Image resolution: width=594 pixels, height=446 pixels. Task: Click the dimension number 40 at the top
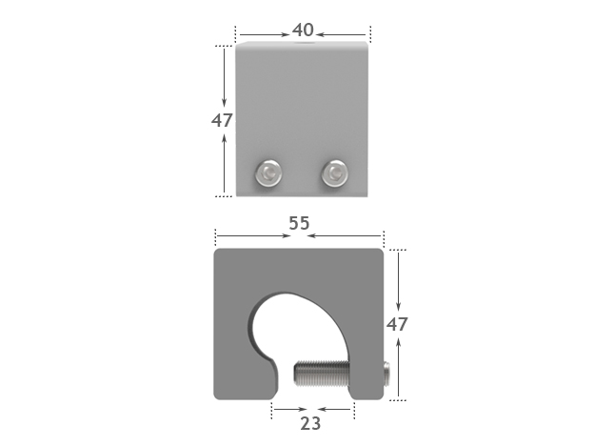tap(303, 30)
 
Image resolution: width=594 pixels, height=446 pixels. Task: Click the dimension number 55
tap(299, 223)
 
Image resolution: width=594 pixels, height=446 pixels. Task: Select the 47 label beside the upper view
tap(222, 120)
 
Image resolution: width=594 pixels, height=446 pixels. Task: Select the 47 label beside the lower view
tap(397, 324)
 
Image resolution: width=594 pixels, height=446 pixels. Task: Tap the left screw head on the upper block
tap(269, 173)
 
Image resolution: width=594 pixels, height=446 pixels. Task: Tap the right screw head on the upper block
tap(334, 173)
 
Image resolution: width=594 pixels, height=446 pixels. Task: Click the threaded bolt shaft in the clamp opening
tap(324, 372)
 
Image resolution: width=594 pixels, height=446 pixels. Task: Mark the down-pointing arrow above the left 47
tap(224, 103)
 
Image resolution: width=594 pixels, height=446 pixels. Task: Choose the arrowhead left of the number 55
tap(285, 233)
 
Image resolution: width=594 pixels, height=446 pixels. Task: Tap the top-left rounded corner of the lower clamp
tap(218, 253)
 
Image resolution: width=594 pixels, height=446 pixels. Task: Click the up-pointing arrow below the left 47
tap(224, 137)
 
